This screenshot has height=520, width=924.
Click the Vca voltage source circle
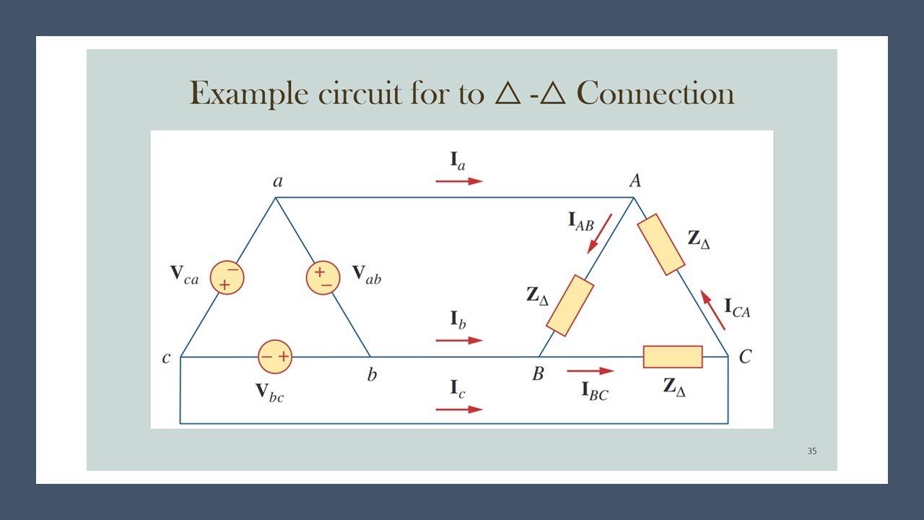pos(227,277)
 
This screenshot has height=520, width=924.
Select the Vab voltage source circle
pos(323,278)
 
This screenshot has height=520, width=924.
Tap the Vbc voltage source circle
pos(275,356)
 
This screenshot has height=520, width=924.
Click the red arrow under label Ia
pos(459,181)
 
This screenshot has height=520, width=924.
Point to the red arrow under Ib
pos(459,339)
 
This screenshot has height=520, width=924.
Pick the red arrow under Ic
pos(459,409)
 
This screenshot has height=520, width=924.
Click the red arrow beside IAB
pos(600,233)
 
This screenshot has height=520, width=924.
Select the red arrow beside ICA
pos(713,310)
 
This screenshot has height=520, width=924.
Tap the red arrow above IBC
pos(590,371)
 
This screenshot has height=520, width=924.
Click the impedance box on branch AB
pos(570,305)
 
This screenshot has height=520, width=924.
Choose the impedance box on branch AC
pos(661,244)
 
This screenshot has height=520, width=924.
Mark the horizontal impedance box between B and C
pos(673,357)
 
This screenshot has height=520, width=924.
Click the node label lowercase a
pos(278,181)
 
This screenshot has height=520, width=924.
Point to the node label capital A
pos(635,181)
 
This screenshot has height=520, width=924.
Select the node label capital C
pos(745,357)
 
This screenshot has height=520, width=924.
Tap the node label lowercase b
pos(372,375)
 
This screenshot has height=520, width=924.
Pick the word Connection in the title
pos(655,94)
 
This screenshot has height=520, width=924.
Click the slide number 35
pos(812,451)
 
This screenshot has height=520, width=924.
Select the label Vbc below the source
pos(269,391)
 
